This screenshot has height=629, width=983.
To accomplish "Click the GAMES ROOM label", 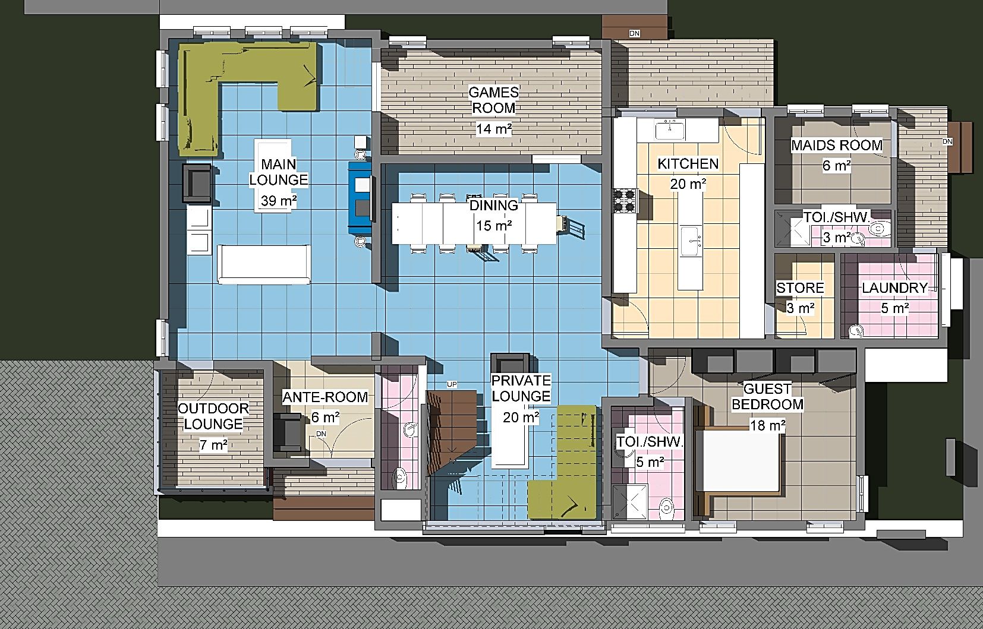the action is [494, 100].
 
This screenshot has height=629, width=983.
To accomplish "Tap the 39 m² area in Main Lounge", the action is [279, 201].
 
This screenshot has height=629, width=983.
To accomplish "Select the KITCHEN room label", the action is [688, 163].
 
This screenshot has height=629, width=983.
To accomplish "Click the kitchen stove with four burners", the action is [625, 200].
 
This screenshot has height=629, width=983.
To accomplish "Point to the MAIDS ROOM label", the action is [836, 145].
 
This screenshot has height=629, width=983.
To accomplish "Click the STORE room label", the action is [800, 287].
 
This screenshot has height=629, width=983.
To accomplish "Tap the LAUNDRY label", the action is [894, 287].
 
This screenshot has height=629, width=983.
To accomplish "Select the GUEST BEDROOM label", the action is [767, 396].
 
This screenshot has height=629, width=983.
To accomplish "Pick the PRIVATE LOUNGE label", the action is [521, 388].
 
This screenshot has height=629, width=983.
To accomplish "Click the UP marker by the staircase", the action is [452, 385].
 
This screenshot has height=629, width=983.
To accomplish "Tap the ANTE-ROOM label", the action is [324, 397].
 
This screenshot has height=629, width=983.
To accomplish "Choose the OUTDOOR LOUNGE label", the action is [213, 416].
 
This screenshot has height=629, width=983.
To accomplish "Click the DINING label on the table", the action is [494, 206].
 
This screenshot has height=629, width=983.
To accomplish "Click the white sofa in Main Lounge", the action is [264, 264].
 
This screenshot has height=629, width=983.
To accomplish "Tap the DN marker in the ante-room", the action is [322, 434].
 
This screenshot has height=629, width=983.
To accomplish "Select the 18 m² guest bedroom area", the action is [767, 425].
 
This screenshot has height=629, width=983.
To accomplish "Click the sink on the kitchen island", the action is [690, 241].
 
